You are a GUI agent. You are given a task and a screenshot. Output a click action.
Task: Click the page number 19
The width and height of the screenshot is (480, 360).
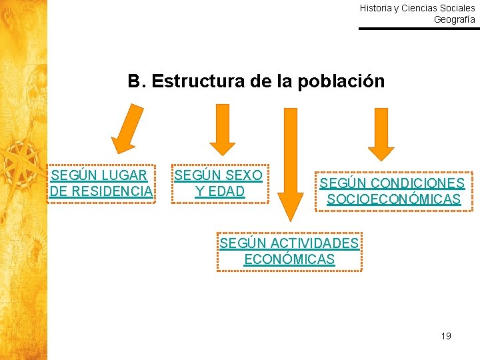[x=446, y=335]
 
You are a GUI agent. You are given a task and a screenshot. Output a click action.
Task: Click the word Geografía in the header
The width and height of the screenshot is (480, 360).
[x=455, y=19]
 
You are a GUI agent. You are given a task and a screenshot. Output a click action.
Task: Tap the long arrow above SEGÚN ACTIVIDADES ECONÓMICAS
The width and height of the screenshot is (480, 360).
[x=290, y=163]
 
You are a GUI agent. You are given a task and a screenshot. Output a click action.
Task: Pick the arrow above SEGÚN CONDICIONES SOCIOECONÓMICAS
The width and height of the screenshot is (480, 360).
[x=381, y=134]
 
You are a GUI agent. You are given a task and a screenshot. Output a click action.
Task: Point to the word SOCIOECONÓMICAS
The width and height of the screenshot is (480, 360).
[x=393, y=199]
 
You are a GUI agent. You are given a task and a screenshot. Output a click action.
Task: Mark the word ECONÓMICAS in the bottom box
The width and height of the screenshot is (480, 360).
[x=289, y=259]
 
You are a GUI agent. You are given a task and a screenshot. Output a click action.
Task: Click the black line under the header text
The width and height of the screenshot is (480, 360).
[x=419, y=29]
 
